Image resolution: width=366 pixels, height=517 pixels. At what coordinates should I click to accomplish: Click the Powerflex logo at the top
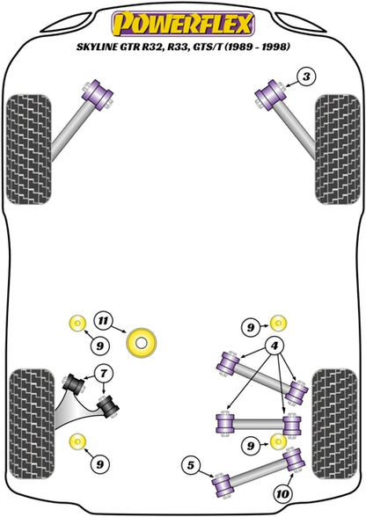tap(183, 23)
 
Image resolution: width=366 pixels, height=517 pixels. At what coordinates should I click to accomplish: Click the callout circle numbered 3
tap(306, 77)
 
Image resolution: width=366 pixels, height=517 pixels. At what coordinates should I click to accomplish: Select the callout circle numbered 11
tap(103, 320)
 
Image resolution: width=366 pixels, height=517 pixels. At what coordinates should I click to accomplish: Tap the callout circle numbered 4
tap(274, 346)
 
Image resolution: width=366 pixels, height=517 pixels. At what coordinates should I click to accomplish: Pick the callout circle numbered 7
tap(104, 374)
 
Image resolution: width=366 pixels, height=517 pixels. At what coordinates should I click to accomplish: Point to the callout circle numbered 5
tap(191, 466)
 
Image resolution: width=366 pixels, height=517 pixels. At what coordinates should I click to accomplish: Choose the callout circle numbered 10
tap(282, 494)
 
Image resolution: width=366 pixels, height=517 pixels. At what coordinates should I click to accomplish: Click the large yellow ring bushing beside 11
tap(142, 343)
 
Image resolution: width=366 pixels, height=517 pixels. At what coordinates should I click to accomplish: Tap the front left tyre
tap(29, 149)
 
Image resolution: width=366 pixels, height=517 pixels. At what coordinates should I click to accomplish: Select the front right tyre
tap(337, 149)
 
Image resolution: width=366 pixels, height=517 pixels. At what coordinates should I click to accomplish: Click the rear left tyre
tap(32, 425)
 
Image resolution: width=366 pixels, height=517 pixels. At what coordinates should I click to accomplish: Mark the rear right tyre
tap(334, 425)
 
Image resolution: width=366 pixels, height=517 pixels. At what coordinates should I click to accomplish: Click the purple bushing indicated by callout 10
tap(294, 460)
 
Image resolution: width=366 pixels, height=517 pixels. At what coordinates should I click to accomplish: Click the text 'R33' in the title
tap(177, 47)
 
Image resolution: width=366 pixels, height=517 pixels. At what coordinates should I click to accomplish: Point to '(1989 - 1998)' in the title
tap(257, 47)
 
